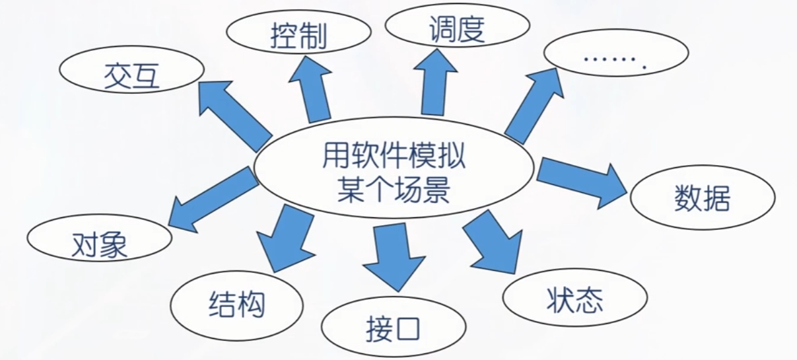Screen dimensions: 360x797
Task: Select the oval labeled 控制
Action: tap(298, 36)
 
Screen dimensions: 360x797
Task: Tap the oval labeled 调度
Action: tap(457, 28)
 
